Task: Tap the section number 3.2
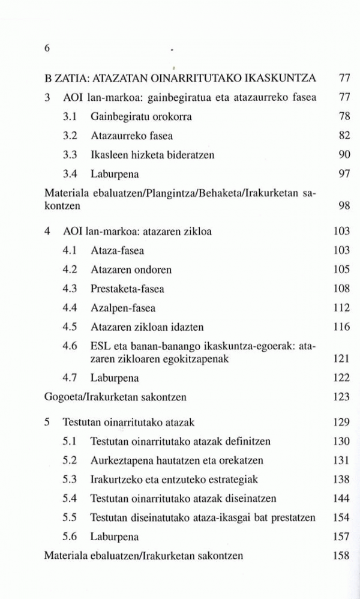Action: point(70,136)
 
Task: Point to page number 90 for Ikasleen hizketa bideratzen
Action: point(344,155)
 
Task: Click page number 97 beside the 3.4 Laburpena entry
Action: point(344,175)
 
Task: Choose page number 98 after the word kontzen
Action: point(344,206)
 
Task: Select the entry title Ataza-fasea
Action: point(117,250)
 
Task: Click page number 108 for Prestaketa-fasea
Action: point(341,289)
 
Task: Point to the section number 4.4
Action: point(70,308)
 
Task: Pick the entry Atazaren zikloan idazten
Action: point(147,327)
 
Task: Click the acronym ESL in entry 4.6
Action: point(100,347)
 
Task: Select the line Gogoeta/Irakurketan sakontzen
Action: point(115,397)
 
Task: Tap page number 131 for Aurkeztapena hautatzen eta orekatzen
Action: point(341,460)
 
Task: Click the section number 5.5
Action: point(70,517)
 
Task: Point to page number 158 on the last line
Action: point(341,556)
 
